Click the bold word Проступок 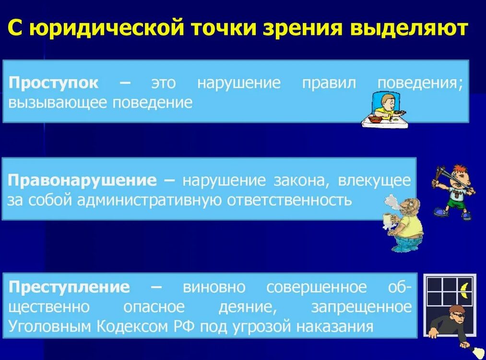53,83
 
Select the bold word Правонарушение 82,181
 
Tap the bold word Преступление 69,287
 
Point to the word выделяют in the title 409,28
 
